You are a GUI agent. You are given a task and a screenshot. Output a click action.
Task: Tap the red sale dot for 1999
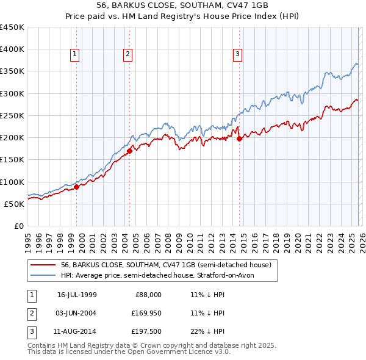pos(77,187)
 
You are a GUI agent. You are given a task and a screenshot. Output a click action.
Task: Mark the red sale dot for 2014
pos(239,139)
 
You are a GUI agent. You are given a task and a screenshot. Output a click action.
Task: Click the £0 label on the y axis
pos(18,226)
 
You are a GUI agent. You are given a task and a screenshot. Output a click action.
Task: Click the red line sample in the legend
pos(44,265)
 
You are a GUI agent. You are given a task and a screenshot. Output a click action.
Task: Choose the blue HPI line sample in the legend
pos(44,275)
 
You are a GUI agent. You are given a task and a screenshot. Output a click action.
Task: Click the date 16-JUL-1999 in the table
pos(77,294)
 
